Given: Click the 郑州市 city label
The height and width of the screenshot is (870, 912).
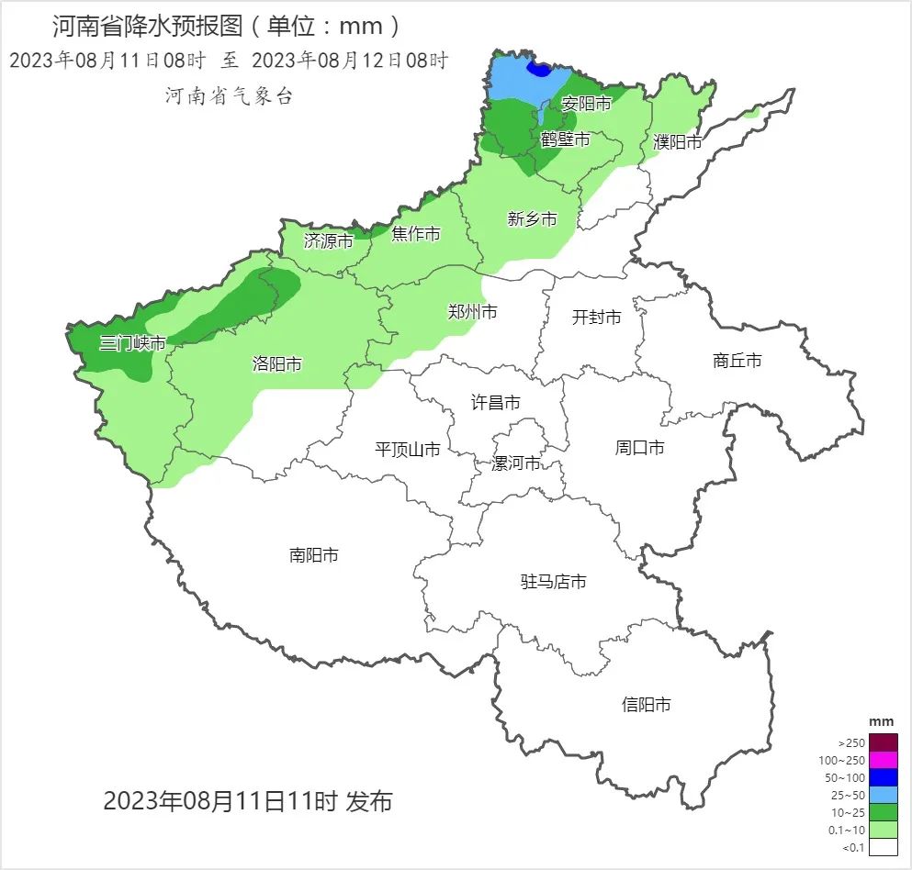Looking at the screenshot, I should click(x=472, y=312).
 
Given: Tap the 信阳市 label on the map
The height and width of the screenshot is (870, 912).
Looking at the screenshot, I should click(x=646, y=704).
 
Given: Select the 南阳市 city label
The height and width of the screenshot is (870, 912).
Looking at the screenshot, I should click(x=314, y=554).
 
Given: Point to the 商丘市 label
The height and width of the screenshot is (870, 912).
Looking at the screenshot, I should click(x=737, y=361).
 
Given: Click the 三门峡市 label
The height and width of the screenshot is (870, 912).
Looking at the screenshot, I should click(x=132, y=343).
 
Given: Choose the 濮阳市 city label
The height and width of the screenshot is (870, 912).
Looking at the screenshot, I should click(x=677, y=142).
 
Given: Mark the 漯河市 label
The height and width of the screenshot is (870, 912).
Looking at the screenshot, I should click(x=515, y=463).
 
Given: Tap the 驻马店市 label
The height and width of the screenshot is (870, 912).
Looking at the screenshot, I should click(x=553, y=582).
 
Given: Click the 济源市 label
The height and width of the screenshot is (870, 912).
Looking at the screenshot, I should click(x=328, y=241).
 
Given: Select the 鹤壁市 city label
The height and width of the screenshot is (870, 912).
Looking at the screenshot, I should click(x=565, y=139).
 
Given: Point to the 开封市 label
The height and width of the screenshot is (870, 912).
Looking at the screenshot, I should click(x=596, y=317).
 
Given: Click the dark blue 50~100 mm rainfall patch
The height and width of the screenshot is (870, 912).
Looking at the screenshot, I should click(x=539, y=68).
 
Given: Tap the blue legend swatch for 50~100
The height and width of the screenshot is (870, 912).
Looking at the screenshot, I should click(x=883, y=777).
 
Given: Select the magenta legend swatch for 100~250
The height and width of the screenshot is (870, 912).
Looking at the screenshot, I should click(x=883, y=760).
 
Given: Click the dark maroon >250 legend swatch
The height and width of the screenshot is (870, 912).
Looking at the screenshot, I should click(x=883, y=742).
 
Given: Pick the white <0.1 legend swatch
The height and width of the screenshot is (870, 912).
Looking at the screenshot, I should click(x=883, y=847).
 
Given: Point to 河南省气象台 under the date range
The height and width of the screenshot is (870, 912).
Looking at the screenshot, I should click(x=229, y=95).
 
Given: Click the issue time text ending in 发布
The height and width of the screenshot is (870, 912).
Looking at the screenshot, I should click(x=247, y=800).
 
